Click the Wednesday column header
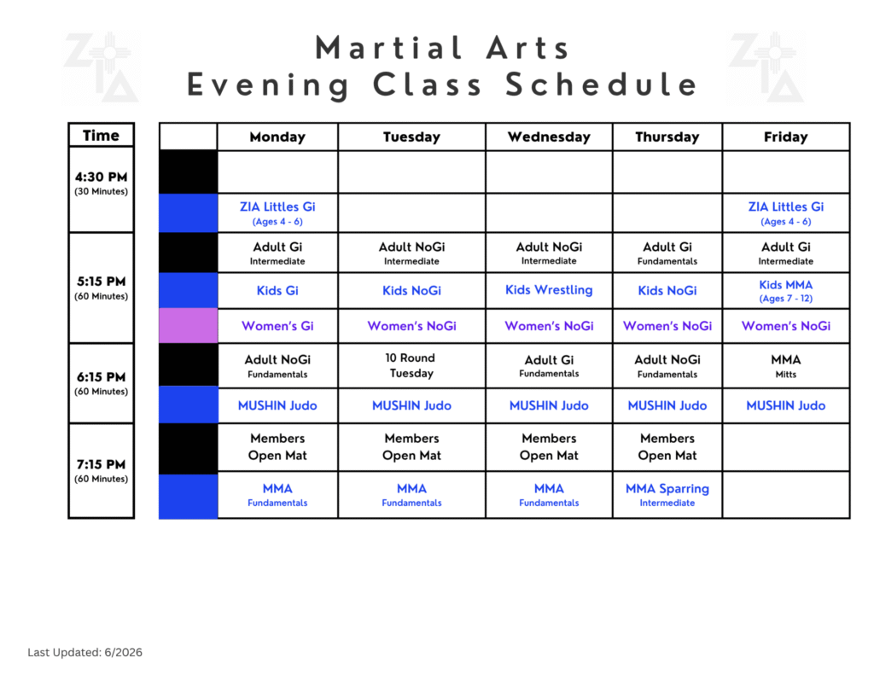tap(549, 137)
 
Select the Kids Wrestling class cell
tap(549, 290)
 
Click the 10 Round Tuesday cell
tap(411, 365)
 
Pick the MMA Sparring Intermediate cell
tap(667, 494)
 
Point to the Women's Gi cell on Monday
tap(277, 326)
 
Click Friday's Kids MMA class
tap(785, 290)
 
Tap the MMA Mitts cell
tap(785, 365)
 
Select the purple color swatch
tap(188, 325)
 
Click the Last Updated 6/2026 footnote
tap(84, 652)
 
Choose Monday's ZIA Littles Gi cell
tap(277, 213)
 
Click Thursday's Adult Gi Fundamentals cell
tap(667, 253)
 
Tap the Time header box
tap(101, 135)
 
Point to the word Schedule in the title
tap(601, 84)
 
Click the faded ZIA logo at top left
tap(101, 67)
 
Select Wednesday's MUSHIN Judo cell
tap(549, 406)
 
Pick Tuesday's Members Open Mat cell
tap(411, 447)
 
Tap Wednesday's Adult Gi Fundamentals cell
tap(549, 365)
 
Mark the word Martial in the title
tap(388, 48)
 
